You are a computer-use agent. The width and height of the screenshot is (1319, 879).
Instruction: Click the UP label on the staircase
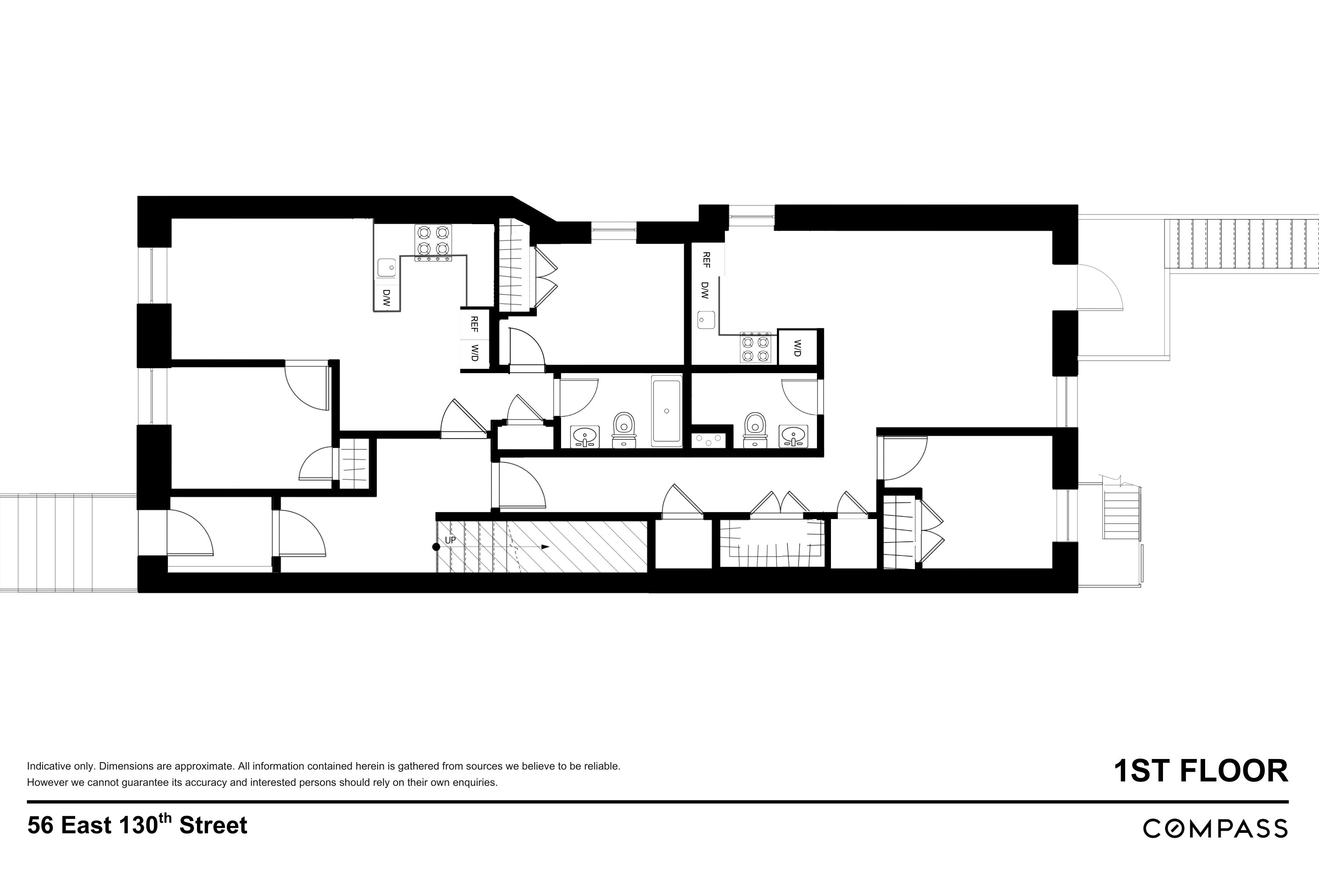(x=450, y=540)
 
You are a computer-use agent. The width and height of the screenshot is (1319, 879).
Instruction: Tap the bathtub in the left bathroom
(x=666, y=411)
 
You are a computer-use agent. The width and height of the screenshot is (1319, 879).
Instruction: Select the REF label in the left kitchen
(x=474, y=323)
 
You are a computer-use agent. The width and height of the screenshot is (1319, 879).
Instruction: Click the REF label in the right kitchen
(x=707, y=260)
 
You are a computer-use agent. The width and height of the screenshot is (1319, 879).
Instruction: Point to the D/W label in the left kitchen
(x=386, y=297)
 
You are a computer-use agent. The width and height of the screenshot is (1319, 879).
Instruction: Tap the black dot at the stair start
(x=435, y=547)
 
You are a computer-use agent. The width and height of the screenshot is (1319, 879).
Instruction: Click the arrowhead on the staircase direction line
(x=545, y=547)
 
